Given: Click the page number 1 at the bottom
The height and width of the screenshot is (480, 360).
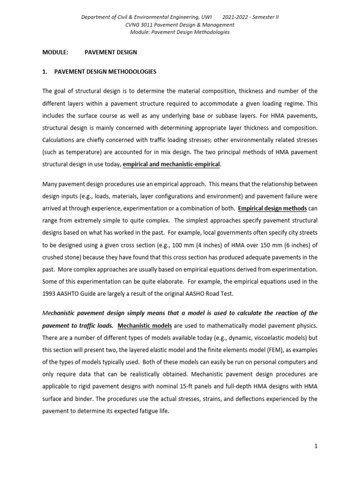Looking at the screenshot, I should pos(316,446).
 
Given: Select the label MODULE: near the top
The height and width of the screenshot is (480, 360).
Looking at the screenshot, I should pos(56,52).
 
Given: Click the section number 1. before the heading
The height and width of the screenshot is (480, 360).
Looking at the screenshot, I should pos(45,72).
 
